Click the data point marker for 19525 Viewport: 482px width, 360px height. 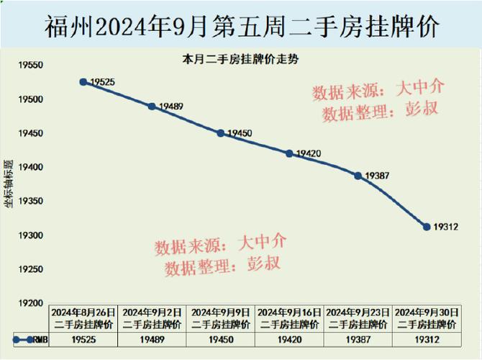83,82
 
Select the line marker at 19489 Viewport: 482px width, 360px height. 152,107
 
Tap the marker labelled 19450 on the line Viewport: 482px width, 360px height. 221,133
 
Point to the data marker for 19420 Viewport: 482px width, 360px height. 289,153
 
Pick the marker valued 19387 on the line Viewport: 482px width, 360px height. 358,176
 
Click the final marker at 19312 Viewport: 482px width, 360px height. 427,227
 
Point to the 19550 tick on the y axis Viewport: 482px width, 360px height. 31,66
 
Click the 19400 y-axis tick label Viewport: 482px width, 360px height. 31,168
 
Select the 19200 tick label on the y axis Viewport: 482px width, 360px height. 31,303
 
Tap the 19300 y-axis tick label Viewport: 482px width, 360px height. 31,235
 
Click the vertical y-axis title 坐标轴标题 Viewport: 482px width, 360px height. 9,184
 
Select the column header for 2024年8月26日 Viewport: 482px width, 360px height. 83,318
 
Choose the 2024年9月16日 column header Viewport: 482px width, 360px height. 289,318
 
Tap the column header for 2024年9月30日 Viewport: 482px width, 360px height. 427,318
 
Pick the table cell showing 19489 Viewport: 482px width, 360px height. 152,338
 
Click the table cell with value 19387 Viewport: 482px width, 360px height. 358,338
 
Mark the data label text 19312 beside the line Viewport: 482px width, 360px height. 446,227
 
